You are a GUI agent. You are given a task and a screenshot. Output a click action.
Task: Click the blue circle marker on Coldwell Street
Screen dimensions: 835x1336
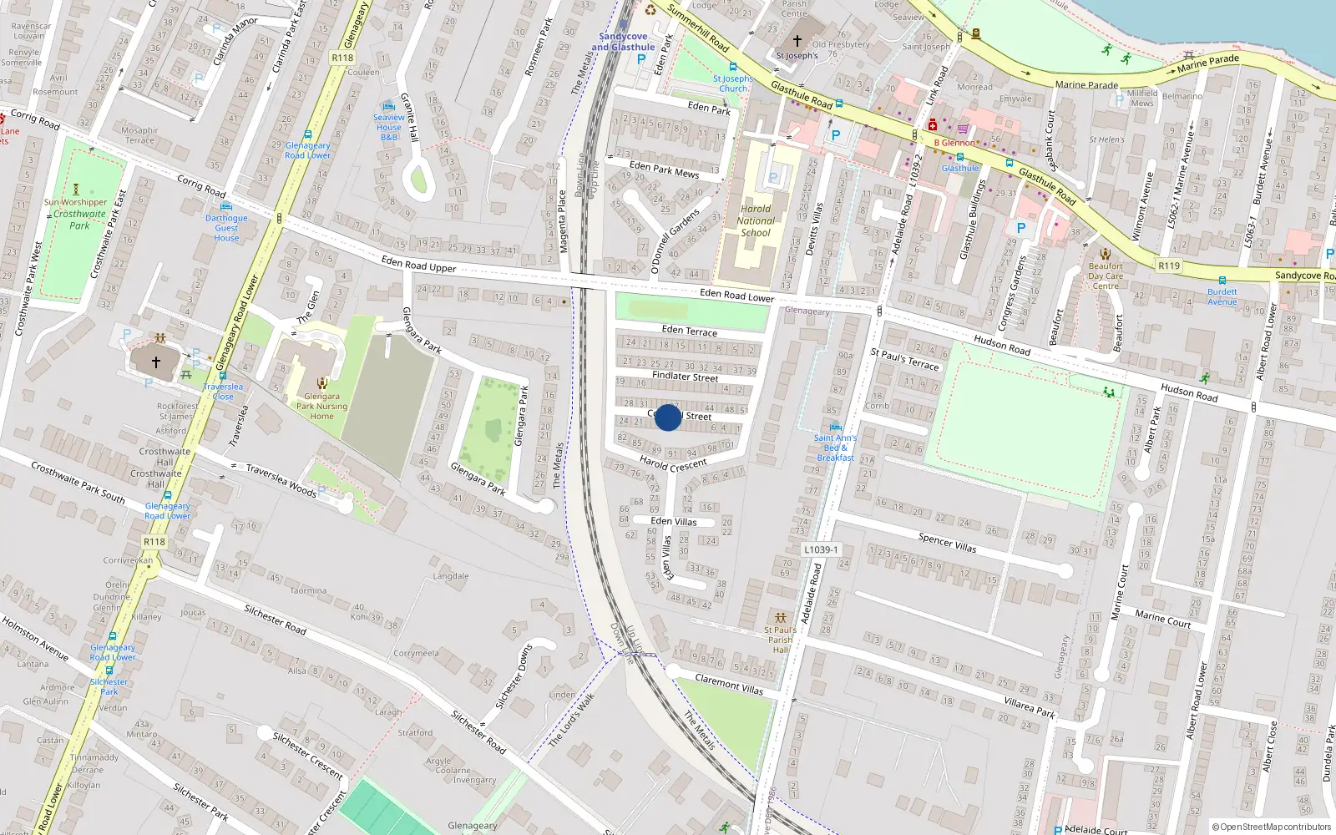coord(668,417)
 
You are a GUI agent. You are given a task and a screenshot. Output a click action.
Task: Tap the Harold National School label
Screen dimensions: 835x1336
coord(756,221)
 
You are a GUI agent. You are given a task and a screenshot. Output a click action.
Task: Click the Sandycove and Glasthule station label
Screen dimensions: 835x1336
coord(623,42)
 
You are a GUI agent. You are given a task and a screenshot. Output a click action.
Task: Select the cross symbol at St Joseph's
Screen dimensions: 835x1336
coord(797,40)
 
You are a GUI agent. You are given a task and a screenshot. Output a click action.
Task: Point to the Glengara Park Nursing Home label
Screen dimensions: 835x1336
coord(321,406)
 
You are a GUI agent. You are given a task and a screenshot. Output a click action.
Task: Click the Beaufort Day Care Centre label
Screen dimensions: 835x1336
coord(1106,276)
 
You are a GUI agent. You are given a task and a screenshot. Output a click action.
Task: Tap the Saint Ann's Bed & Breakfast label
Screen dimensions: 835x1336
coord(835,448)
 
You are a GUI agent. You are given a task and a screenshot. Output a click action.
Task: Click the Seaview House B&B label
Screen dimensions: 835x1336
coord(389,127)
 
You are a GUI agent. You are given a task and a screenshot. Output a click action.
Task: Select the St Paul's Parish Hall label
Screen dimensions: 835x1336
coord(780,640)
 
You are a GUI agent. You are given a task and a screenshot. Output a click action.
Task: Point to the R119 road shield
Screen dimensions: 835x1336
coord(1169,266)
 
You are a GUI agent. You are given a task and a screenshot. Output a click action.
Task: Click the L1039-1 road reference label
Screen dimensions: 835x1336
coord(821,549)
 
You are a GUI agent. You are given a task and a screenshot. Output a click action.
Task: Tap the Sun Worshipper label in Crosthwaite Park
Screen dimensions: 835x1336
coord(76,202)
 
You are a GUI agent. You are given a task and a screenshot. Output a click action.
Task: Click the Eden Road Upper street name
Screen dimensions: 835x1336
coord(418,265)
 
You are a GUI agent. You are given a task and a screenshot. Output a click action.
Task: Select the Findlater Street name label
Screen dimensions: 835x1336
coord(685,377)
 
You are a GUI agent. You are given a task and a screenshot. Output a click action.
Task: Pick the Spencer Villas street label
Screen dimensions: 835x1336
coord(947,543)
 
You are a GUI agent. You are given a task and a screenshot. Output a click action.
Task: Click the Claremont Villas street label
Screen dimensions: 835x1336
coord(729,685)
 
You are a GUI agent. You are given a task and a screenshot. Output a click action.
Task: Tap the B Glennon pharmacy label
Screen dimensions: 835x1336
coord(954,143)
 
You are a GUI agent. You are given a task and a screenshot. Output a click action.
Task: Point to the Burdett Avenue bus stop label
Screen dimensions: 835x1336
coord(1222,296)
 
